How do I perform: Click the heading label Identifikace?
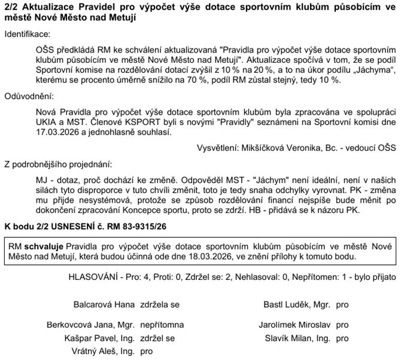[28, 35]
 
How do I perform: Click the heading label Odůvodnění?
[28, 95]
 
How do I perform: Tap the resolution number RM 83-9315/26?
[133, 227]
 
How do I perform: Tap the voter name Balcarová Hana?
[104, 305]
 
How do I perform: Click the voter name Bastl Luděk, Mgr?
[297, 305]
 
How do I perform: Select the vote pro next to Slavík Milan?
[342, 338]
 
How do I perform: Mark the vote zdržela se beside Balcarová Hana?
[159, 305]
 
